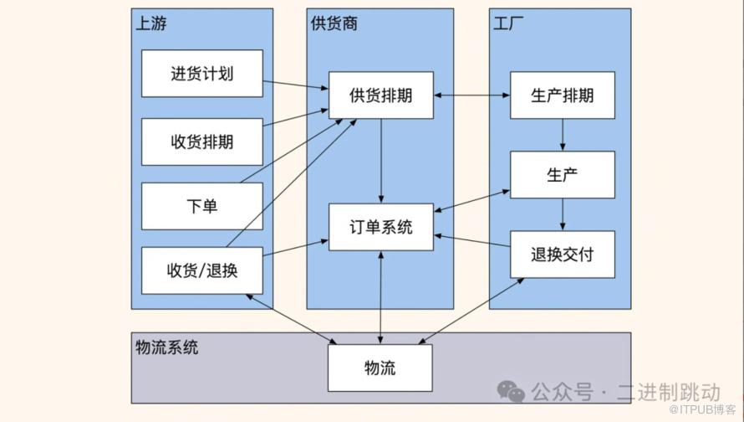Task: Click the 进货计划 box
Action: pyautogui.click(x=202, y=74)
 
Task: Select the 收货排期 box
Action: pyautogui.click(x=202, y=142)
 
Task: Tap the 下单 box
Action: pyautogui.click(x=202, y=205)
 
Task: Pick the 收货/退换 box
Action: pyautogui.click(x=202, y=270)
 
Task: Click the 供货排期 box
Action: pyautogui.click(x=380, y=95)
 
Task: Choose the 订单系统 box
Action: pyautogui.click(x=380, y=227)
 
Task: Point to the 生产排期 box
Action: pyautogui.click(x=562, y=95)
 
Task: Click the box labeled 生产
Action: pyautogui.click(x=562, y=174)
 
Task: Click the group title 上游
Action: pyautogui.click(x=151, y=23)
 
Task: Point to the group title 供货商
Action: pyautogui.click(x=334, y=23)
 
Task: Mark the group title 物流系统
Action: pyautogui.click(x=167, y=347)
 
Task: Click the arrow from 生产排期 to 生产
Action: pyautogui.click(x=563, y=134)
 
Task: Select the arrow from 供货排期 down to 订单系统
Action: pyautogui.click(x=381, y=159)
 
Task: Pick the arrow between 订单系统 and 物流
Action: pyautogui.click(x=381, y=296)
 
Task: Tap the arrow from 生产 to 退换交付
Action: pyautogui.click(x=563, y=214)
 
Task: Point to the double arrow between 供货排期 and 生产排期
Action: pyautogui.click(x=472, y=95)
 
